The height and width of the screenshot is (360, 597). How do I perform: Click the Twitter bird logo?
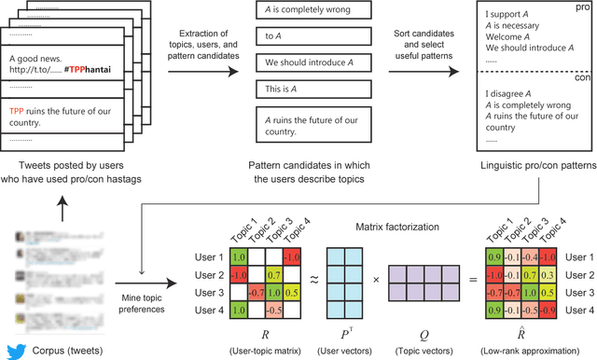pyautogui.click(x=13, y=351)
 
